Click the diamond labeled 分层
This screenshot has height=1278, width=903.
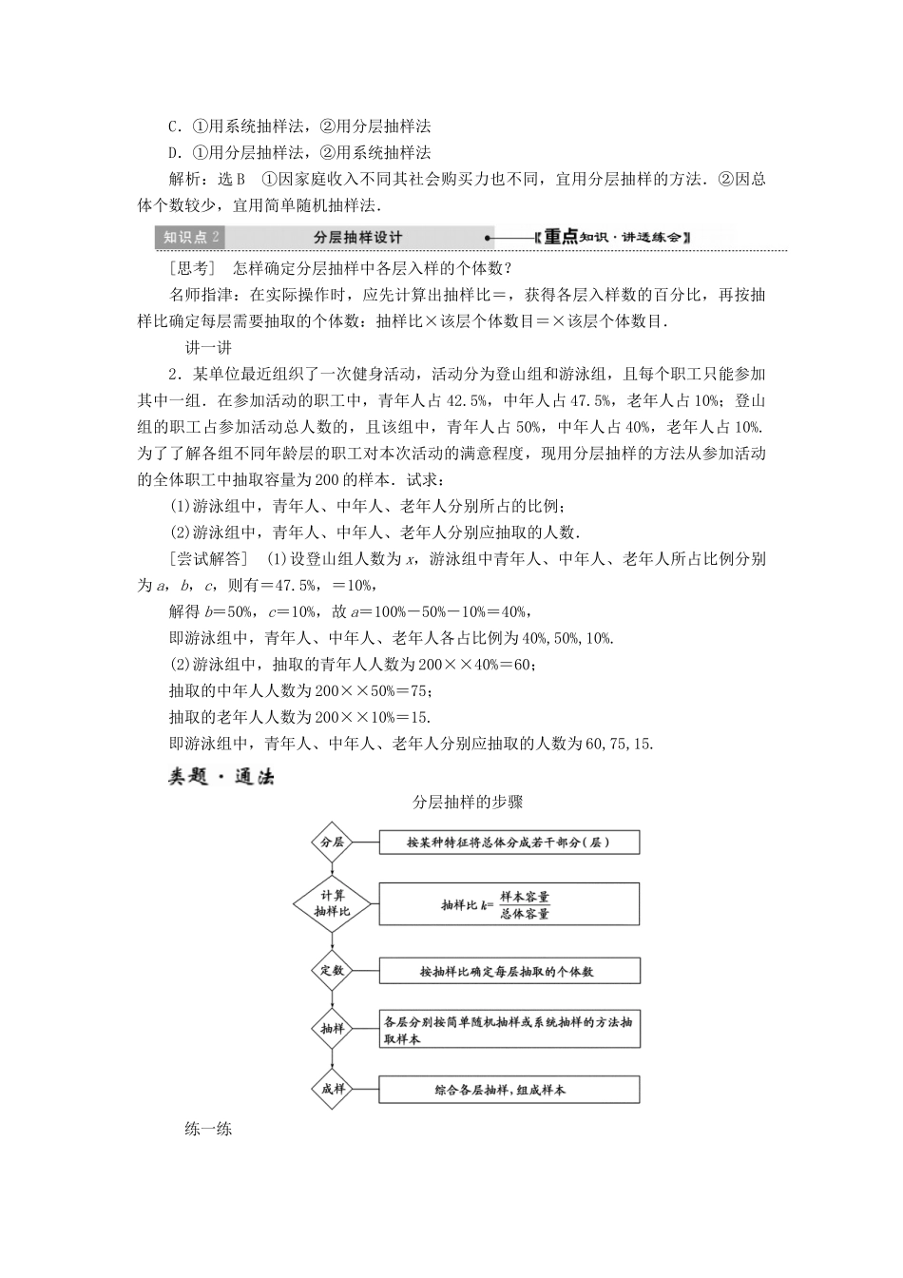[x=332, y=842]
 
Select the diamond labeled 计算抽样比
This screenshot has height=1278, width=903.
[x=332, y=903]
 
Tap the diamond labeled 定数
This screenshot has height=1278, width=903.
[x=332, y=971]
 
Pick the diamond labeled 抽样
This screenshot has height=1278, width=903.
[x=332, y=1029]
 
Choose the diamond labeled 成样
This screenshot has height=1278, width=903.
[x=332, y=1090]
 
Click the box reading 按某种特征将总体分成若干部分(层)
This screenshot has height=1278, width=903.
[x=509, y=842]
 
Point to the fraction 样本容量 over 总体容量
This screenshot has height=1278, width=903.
[x=525, y=904]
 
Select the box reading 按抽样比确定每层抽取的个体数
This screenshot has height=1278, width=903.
[x=509, y=971]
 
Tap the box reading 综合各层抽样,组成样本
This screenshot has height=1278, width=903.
[x=509, y=1090]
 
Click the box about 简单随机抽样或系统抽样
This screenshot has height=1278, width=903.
[x=509, y=1030]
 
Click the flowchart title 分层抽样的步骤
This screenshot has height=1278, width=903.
[x=468, y=802]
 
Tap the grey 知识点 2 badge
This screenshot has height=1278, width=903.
[x=191, y=238]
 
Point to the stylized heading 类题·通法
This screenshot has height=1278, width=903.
[x=221, y=777]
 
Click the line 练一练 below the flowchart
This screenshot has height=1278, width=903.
[x=209, y=1130]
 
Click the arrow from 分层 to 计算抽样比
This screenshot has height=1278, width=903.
[x=332, y=869]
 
